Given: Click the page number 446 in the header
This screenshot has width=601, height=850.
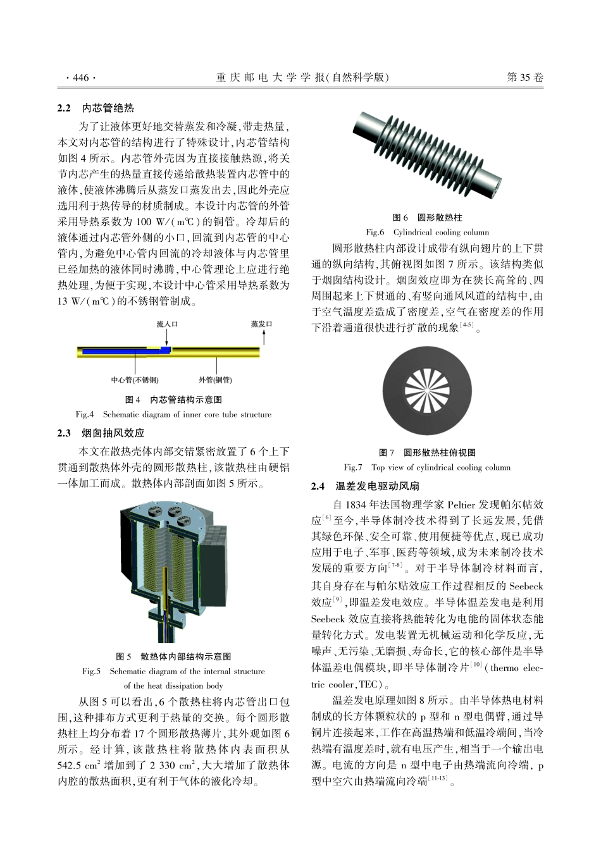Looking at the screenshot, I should tap(81, 78).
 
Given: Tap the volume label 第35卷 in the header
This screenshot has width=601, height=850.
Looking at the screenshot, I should tap(525, 78).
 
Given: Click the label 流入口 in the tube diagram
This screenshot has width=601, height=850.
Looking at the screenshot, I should tap(168, 324).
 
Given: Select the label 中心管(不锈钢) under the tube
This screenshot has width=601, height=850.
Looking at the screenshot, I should tap(135, 380).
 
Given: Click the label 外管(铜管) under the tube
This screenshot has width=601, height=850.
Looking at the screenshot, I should tap(215, 380).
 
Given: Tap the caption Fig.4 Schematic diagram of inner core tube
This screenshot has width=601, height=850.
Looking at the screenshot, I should tap(173, 415).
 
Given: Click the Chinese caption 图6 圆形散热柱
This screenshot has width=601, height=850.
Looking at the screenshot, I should tap(427, 218).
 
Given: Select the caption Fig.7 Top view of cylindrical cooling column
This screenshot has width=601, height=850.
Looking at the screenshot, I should tap(427, 467).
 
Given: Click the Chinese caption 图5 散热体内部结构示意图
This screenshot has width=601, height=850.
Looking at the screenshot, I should tap(173, 656).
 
